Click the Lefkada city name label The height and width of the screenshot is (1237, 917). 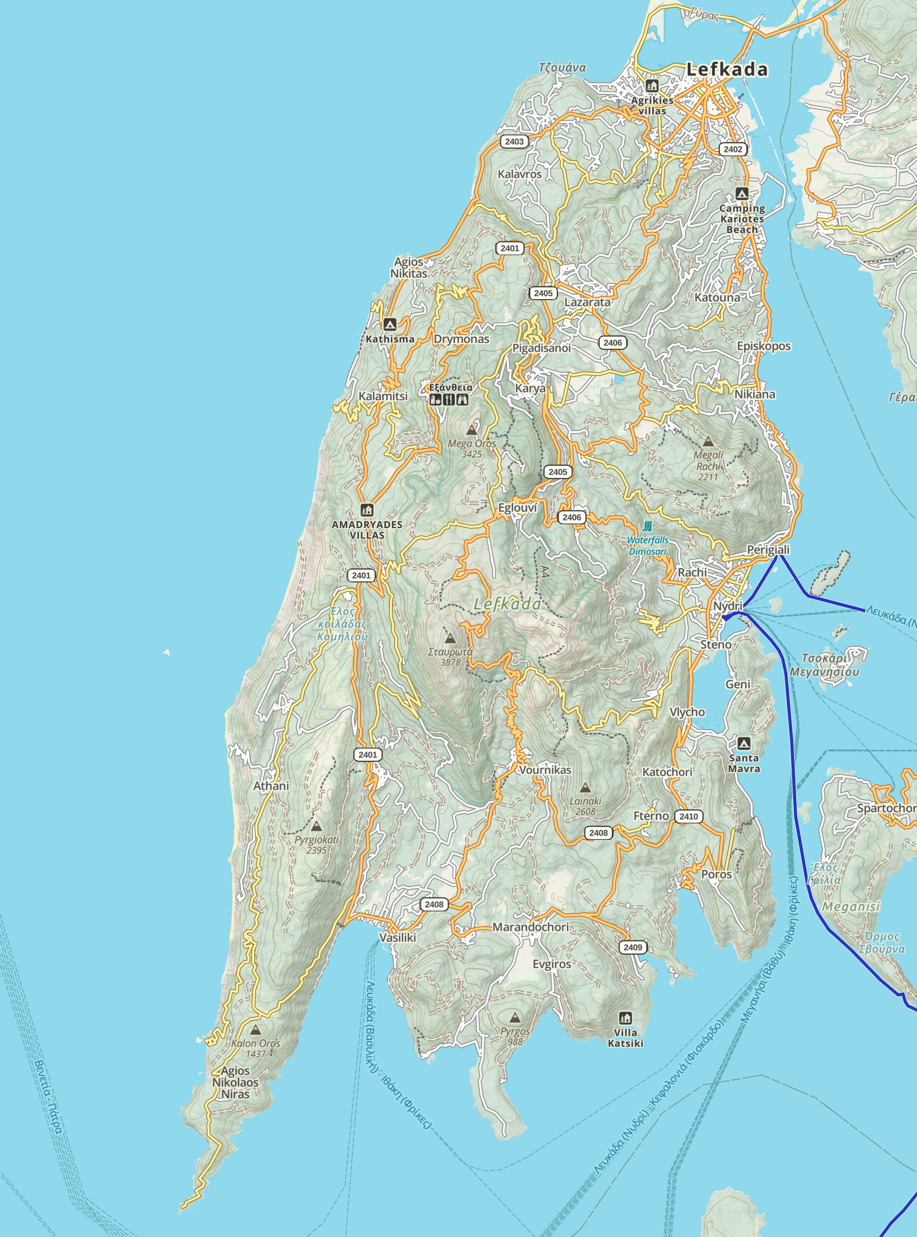point(726,69)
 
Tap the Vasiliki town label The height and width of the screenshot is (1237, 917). point(398,937)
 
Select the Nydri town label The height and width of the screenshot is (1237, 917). point(727,606)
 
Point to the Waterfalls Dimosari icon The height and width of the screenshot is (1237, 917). point(647,526)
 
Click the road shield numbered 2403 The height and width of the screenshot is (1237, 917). point(514,141)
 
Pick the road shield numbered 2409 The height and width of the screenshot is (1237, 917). point(633,947)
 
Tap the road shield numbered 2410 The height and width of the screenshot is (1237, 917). point(688,816)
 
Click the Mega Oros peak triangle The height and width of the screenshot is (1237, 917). point(472,430)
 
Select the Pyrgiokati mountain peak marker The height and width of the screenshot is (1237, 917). point(317,826)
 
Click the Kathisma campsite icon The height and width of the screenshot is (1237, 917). point(390,324)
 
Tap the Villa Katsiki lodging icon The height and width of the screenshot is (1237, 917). point(626,1018)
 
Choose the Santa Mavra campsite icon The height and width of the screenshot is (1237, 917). point(743,743)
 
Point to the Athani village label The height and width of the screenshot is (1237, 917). point(271,786)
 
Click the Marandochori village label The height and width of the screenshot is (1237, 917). point(530,927)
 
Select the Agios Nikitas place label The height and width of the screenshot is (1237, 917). point(409,267)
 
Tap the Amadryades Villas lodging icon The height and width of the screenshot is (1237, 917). point(366,509)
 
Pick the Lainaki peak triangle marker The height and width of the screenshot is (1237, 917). point(585,787)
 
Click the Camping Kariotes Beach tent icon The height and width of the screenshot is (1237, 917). point(742,194)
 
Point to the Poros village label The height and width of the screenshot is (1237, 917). point(716,874)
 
